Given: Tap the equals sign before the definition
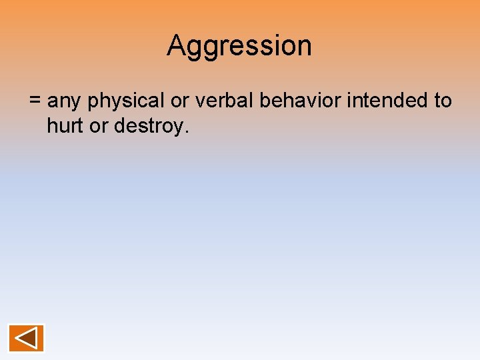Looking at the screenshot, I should click(35, 101).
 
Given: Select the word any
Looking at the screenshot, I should click(65, 102).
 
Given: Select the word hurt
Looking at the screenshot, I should click(65, 125).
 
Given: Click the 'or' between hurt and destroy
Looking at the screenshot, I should click(98, 125).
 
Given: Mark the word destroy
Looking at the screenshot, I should click(147, 126).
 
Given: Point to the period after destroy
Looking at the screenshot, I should click(187, 131).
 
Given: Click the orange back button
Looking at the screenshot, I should click(26, 338).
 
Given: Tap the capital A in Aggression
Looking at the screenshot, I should click(176, 46).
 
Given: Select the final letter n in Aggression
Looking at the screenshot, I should click(304, 47).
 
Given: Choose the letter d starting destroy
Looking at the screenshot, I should click(119, 125).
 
